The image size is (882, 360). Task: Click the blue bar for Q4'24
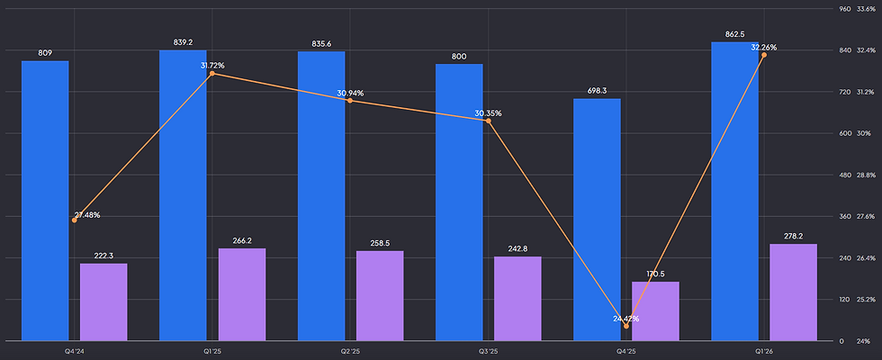coord(45,201)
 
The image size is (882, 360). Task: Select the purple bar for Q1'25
coord(242,295)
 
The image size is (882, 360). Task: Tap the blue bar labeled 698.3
coord(597,220)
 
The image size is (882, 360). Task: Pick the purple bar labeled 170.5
coord(655,311)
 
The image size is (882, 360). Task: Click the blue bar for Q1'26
coord(734,191)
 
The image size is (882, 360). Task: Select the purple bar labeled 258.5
coord(380,296)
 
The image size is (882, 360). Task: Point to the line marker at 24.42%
coord(626,326)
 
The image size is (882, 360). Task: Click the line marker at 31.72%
coord(212,74)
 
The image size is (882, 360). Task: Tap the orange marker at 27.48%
coord(74,220)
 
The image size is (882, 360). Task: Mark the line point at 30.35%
coord(488,121)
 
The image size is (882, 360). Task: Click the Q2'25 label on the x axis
coord(350,351)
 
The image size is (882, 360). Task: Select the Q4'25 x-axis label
coord(626,351)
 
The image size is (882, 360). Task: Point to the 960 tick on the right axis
coord(844,9)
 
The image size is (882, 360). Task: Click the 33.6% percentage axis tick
coord(866,9)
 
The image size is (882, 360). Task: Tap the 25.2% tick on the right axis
coord(866,299)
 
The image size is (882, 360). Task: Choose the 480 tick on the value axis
coord(844,175)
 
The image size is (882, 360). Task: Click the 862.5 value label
coord(734,34)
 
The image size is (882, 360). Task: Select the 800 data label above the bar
coord(459,56)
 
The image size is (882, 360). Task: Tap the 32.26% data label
coord(764,48)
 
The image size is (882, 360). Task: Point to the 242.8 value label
coord(517,249)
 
